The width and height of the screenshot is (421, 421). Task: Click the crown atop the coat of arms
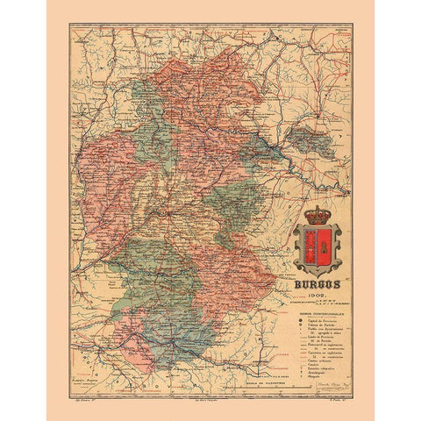point(316,216)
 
